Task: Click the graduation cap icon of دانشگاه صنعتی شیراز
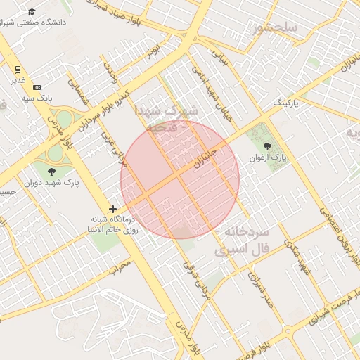pos(32,12)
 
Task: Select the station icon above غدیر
pos(18,69)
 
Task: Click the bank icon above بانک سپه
pos(37,86)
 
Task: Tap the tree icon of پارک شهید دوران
pos(51,171)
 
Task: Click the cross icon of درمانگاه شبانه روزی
pos(112,209)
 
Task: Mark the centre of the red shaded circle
pos(180,179)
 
